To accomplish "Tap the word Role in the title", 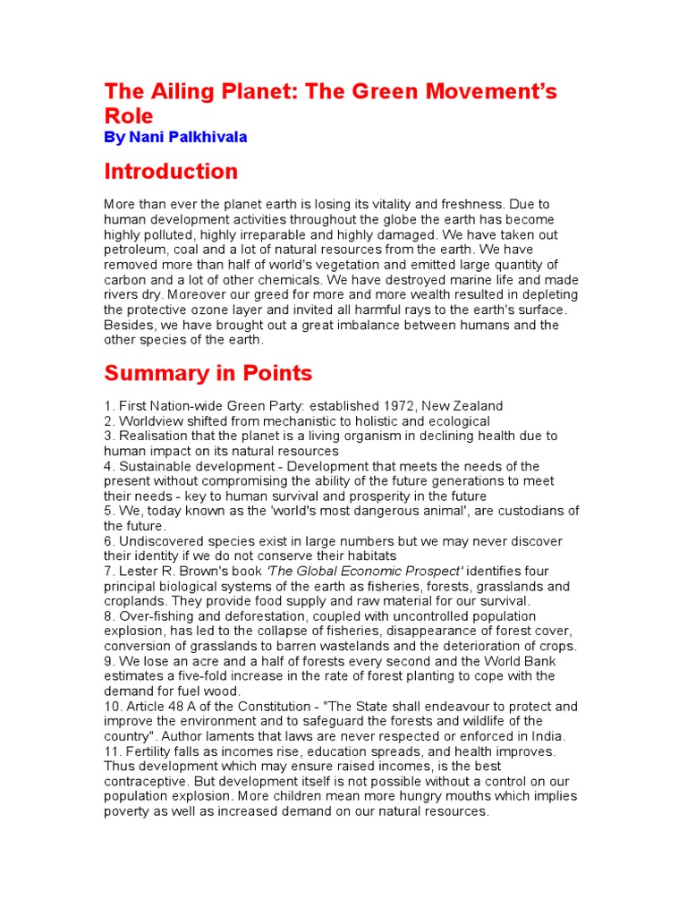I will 129,116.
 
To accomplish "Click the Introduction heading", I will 171,171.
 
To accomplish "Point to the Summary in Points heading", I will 208,372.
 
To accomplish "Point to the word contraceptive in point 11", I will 148,782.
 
